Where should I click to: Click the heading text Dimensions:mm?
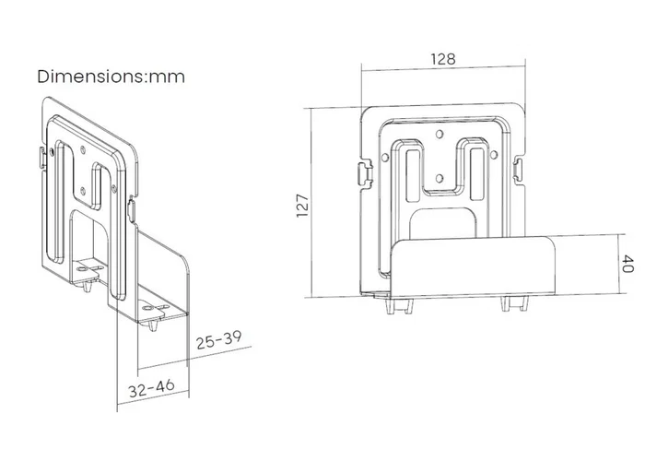click(111, 77)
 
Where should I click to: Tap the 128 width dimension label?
click(443, 59)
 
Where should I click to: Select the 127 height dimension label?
click(303, 206)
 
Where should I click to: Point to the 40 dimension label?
click(627, 264)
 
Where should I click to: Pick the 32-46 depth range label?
click(151, 388)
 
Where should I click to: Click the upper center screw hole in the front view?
click(440, 135)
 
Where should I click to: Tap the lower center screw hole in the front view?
click(440, 178)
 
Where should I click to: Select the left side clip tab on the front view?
click(365, 173)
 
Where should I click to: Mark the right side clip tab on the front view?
click(519, 170)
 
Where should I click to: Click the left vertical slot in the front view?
click(412, 175)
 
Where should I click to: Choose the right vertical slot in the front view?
click(476, 175)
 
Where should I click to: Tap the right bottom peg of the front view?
click(514, 303)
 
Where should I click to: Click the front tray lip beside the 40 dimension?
click(472, 266)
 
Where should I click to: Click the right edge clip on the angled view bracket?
click(132, 208)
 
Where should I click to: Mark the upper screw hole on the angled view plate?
click(84, 149)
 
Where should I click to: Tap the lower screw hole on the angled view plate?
click(83, 190)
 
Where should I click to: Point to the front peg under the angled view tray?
click(153, 325)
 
